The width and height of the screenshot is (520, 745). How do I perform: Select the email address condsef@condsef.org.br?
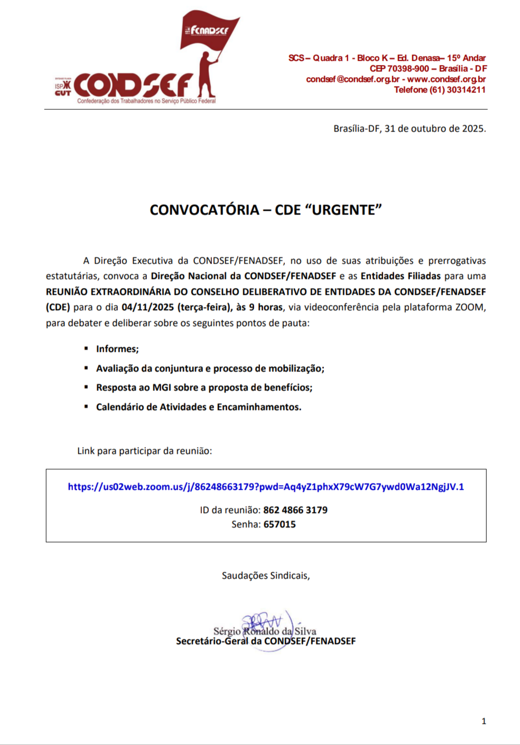pyautogui.click(x=352, y=79)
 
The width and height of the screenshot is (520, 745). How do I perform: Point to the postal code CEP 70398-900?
pyautogui.click(x=399, y=69)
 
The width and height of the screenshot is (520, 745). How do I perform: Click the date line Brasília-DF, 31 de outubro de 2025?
pyautogui.click(x=410, y=128)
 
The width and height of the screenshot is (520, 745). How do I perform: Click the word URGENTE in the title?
pyautogui.click(x=343, y=210)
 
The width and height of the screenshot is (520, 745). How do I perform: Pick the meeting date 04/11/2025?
pyautogui.click(x=147, y=307)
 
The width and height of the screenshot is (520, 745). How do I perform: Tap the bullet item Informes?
pyautogui.click(x=117, y=349)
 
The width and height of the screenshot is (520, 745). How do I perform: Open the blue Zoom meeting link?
pyautogui.click(x=266, y=487)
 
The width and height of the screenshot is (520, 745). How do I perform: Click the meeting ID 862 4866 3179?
pyautogui.click(x=295, y=510)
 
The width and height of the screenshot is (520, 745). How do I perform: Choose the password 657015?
pyautogui.click(x=280, y=524)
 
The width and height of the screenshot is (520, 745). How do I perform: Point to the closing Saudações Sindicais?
pyautogui.click(x=266, y=575)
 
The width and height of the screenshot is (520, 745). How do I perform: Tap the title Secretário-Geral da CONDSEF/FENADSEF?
pyautogui.click(x=266, y=641)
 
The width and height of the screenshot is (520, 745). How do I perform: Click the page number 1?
pyautogui.click(x=484, y=721)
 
